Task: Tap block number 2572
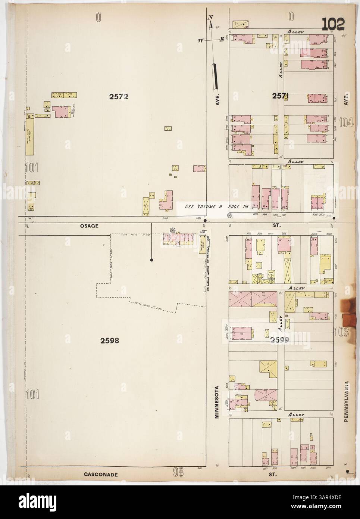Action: point(119,97)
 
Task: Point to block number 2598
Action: point(110,340)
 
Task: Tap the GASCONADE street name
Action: point(101,475)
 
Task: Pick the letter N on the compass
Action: point(210,18)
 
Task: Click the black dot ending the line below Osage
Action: point(151,259)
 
